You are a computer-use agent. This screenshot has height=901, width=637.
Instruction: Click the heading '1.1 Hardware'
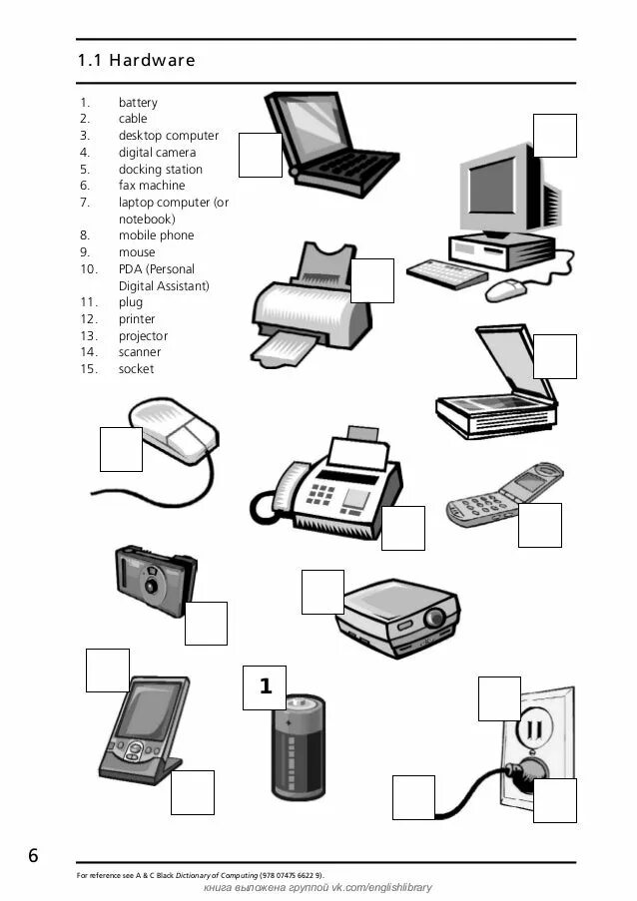136,61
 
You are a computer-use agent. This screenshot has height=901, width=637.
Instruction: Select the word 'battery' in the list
138,103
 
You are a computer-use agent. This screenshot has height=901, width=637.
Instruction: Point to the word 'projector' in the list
143,336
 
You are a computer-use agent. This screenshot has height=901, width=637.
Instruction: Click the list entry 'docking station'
160,170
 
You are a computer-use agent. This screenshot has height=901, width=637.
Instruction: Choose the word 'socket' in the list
136,369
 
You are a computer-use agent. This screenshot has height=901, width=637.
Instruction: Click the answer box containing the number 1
265,687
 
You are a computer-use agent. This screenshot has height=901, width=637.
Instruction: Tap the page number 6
34,856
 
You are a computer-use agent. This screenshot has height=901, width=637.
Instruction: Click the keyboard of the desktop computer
446,272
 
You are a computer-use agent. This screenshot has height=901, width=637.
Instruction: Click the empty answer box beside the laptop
260,155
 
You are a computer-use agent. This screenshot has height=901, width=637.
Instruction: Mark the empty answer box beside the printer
371,280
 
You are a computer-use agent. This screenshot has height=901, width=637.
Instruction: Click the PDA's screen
148,710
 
